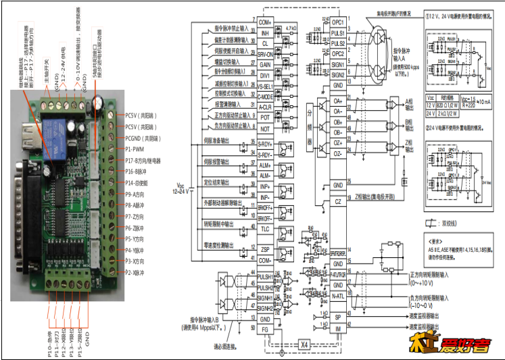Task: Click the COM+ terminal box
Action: coord(265,22)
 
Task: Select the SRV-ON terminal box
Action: coord(265,53)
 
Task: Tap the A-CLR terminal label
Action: coord(265,107)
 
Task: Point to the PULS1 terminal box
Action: coord(338,32)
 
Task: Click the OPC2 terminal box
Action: coord(338,53)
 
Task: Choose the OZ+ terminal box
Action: coord(338,144)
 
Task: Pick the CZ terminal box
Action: coord(338,201)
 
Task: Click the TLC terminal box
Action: coord(265,228)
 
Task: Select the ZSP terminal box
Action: coord(265,249)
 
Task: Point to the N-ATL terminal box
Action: coord(338,294)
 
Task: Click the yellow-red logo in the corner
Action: coord(444,344)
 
